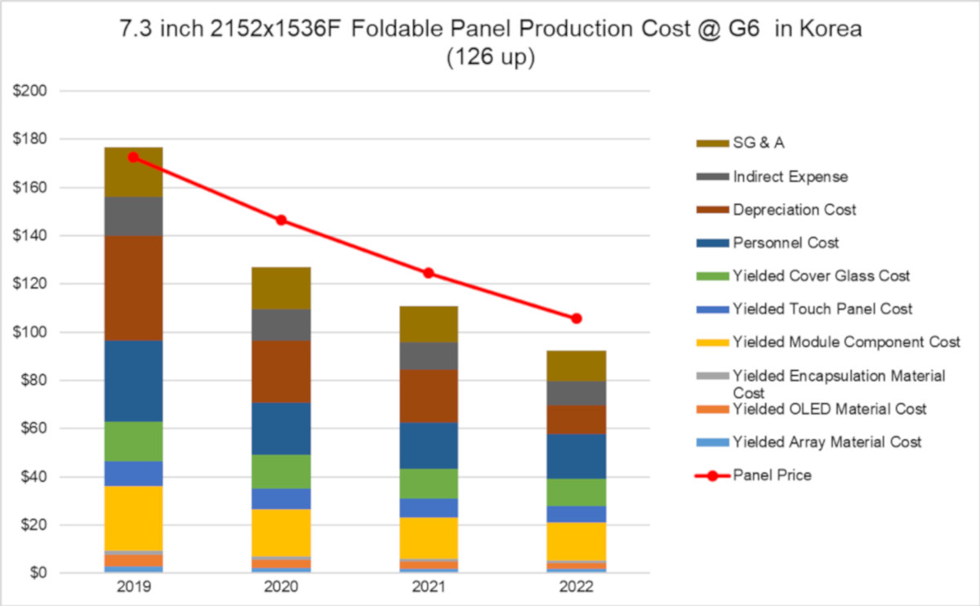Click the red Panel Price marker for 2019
coord(133,157)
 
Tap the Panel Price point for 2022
coord(576,319)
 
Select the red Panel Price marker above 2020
coord(281,220)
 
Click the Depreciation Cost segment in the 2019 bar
coord(133,288)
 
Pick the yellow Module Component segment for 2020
coord(281,532)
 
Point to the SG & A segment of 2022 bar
coord(576,366)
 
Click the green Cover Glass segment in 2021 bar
coord(429,483)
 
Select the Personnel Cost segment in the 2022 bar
coord(576,456)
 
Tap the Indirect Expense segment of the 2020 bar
coord(281,325)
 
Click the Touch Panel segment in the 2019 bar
coord(133,474)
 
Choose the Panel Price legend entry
coord(772,475)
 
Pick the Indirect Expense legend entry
coord(790,176)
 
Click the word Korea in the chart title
coord(826,29)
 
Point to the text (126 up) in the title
coord(490,59)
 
